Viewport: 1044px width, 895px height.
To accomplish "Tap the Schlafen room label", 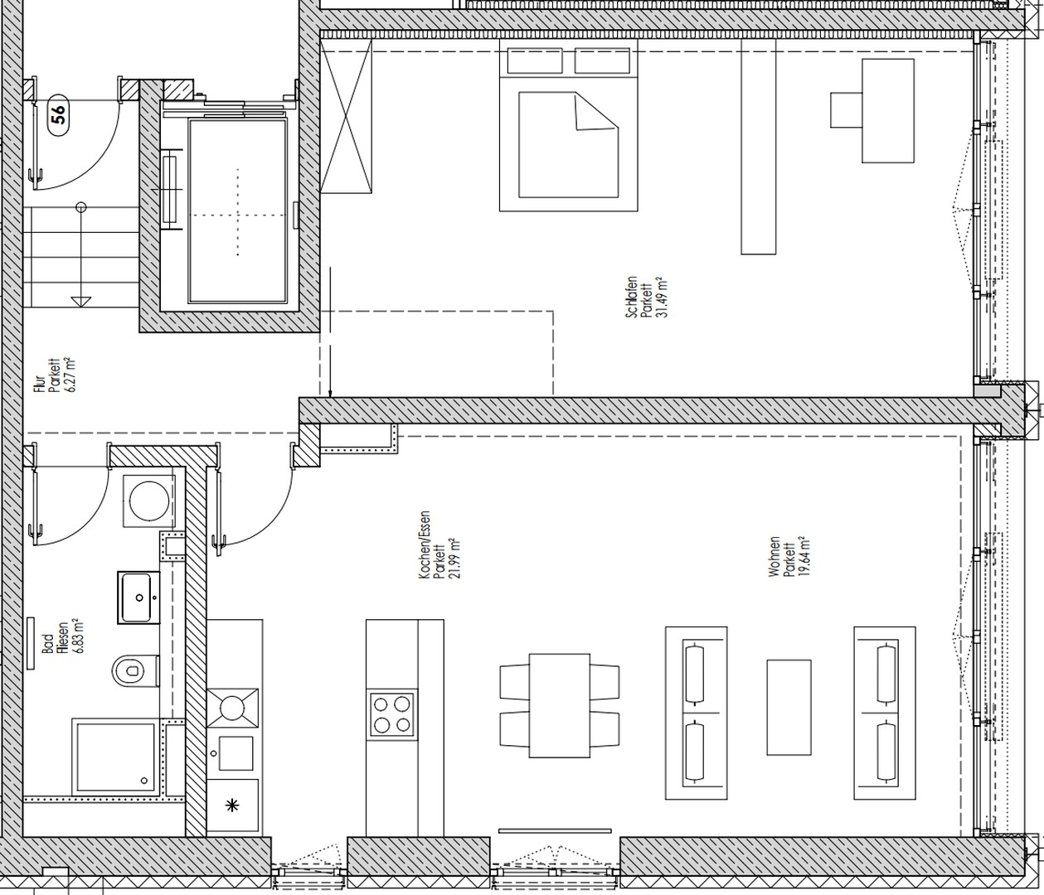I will (x=632, y=298).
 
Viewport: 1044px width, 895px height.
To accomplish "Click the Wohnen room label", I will (x=774, y=557).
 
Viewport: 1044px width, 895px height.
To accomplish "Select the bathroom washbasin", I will (x=138, y=597).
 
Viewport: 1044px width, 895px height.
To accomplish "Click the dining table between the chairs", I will (x=559, y=705).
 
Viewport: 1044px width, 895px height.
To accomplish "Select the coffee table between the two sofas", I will (x=789, y=707).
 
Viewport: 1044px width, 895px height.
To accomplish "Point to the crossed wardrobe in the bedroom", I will (x=347, y=121).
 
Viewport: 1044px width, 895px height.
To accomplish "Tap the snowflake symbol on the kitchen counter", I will (x=232, y=805).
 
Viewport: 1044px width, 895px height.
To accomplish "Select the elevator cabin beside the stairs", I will (x=238, y=211).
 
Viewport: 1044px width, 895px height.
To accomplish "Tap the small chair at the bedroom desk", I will (x=847, y=109).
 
